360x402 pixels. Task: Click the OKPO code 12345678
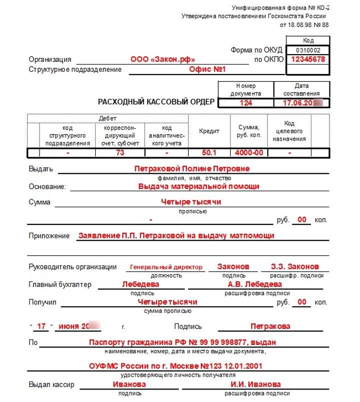(308, 59)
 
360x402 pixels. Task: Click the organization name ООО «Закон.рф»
(163, 59)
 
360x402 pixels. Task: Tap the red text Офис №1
(208, 70)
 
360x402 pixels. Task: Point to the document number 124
(246, 103)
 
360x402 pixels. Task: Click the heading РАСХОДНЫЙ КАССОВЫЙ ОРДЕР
(156, 102)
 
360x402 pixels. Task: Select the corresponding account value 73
(120, 153)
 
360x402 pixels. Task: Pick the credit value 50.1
(209, 153)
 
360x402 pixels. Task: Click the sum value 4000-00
(249, 153)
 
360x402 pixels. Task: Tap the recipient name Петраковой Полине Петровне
(192, 169)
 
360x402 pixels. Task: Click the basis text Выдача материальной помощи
(198, 186)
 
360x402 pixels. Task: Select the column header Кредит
(209, 131)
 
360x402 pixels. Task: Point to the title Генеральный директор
(166, 267)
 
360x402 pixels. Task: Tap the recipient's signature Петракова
(270, 326)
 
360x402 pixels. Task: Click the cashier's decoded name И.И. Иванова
(255, 384)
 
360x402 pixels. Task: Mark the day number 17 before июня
(42, 326)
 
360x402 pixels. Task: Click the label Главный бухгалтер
(61, 284)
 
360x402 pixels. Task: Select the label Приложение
(49, 235)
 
